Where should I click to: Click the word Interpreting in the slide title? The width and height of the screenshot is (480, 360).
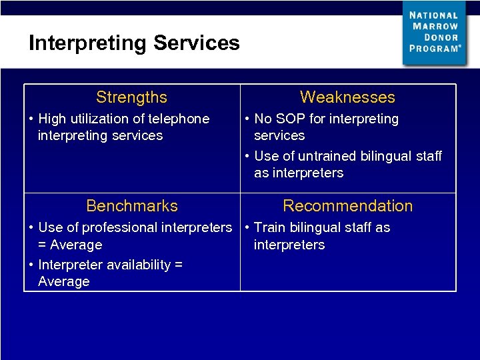click(89, 43)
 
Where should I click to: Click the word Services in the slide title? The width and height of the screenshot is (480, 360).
click(197, 43)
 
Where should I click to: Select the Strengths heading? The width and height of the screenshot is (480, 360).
click(131, 97)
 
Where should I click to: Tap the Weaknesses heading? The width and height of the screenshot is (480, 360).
click(347, 97)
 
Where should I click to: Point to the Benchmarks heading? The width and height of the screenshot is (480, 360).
click(132, 206)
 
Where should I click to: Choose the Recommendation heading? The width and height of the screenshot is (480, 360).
click(348, 206)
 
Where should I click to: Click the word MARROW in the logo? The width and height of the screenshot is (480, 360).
click(436, 26)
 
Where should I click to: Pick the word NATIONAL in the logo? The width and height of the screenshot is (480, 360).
click(434, 15)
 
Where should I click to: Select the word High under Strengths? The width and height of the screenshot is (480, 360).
click(53, 119)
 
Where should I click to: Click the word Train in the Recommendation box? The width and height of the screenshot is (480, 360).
click(269, 228)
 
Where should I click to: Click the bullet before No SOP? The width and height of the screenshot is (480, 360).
click(247, 119)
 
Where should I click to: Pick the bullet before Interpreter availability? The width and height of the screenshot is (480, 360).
click(31, 265)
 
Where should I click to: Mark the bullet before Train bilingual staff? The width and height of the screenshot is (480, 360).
click(247, 228)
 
